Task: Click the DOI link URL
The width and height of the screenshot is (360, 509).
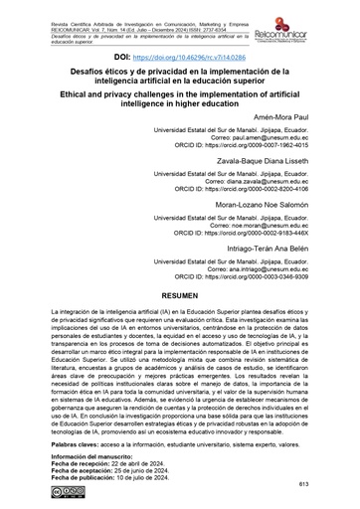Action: (x=199, y=62)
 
